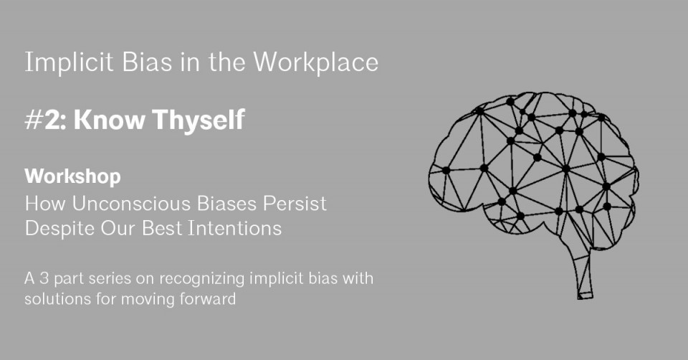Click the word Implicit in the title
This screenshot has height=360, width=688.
[x=69, y=63]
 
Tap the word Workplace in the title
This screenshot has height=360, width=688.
[x=316, y=62]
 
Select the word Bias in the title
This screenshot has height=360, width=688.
[x=147, y=62]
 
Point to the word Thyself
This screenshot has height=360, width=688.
[x=199, y=120]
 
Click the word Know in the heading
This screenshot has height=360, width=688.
[x=109, y=120]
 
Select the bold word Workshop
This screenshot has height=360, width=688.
[x=73, y=177]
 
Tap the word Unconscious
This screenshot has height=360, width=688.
[x=131, y=204]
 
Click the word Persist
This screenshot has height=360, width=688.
[x=295, y=204]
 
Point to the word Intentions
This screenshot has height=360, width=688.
[x=235, y=229]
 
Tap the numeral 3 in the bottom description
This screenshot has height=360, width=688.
[x=44, y=278]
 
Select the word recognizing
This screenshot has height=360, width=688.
[x=202, y=279]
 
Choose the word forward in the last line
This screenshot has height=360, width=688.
[x=208, y=299]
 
